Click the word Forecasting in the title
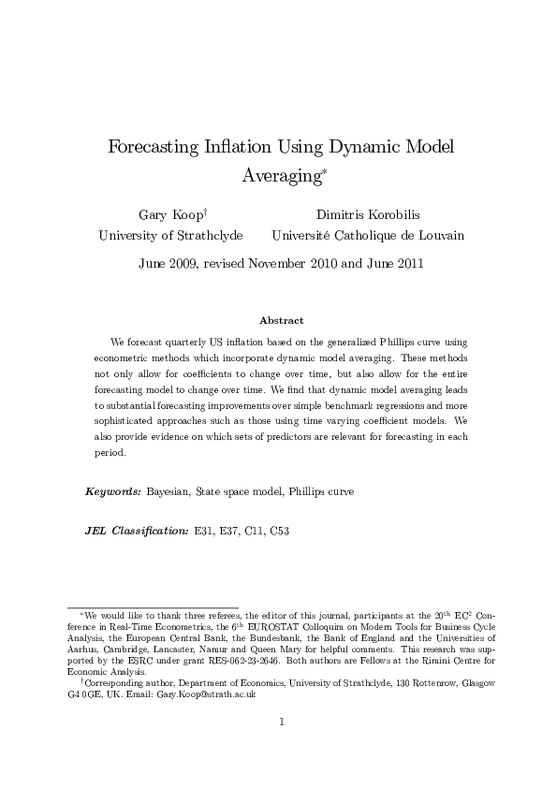(x=154, y=147)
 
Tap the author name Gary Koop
(x=167, y=214)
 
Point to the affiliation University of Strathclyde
(x=170, y=236)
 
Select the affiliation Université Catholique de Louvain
(x=367, y=236)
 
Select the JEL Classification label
(x=137, y=531)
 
